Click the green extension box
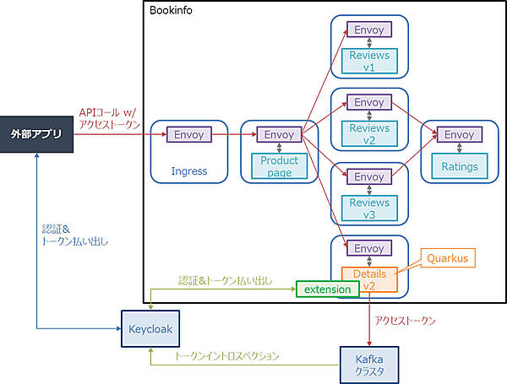coord(327,289)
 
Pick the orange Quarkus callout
coord(447,257)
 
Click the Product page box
coord(279,166)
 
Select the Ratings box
coord(459,166)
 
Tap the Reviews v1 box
coord(369,62)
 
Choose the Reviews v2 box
coord(369,134)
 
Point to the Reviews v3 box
coord(369,208)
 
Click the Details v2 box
coord(369,280)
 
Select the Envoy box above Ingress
coord(189,134)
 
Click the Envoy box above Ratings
coord(459,134)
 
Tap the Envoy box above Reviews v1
coord(369,30)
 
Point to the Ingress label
coord(189,171)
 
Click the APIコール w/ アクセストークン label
coord(106,118)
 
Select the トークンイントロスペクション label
coord(226,356)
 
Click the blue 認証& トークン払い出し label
coord(75,235)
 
